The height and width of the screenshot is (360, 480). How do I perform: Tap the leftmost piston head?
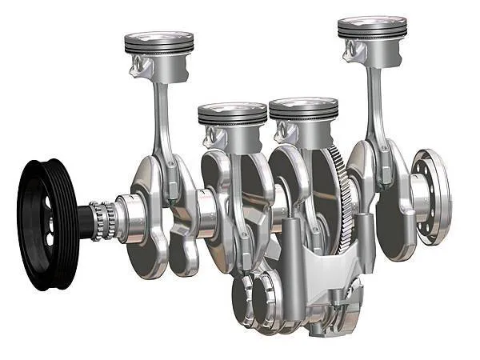coord(159,39)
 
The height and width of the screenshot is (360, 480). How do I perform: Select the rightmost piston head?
coord(372,26)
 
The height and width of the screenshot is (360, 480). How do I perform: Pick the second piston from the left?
coord(232,116)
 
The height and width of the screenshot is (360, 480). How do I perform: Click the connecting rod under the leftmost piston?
coord(162,120)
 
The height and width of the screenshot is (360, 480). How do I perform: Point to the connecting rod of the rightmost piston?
coord(374,104)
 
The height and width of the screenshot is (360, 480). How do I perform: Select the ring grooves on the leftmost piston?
coord(159,50)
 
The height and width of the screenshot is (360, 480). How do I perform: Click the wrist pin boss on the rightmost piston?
coord(352,51)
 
